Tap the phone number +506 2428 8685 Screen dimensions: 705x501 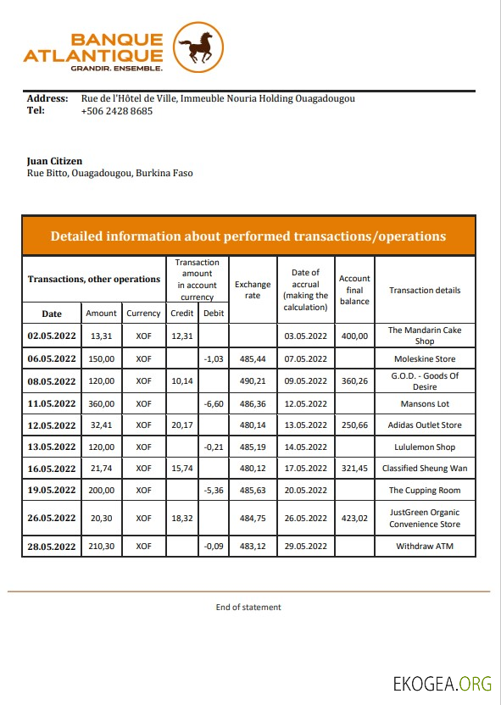click(117, 111)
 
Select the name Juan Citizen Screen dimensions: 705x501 click(55, 161)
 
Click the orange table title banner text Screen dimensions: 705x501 click(248, 236)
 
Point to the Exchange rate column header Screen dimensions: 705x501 click(253, 290)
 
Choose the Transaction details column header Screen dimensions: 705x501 click(425, 290)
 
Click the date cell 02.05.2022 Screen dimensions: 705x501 click(52, 336)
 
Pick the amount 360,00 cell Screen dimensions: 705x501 click(101, 403)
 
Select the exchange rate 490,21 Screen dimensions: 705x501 click(253, 381)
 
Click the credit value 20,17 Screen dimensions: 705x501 click(181, 425)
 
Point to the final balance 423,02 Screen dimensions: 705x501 click(354, 519)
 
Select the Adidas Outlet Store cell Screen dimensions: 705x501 click(425, 425)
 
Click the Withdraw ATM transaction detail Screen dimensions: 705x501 click(425, 547)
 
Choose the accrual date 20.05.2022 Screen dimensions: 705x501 click(305, 491)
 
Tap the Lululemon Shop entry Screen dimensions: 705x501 click(425, 447)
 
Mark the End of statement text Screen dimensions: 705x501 click(248, 607)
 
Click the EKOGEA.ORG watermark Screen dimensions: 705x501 click(442, 684)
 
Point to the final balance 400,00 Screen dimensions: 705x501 click(354, 336)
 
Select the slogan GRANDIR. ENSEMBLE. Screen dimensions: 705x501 click(117, 67)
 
